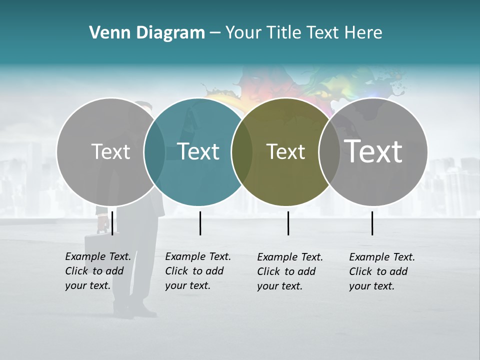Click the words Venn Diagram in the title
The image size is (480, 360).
pos(147,33)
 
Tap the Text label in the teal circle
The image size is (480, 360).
pos(198,151)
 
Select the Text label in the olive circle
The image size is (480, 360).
pos(285,151)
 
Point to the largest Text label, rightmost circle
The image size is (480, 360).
pos(373,151)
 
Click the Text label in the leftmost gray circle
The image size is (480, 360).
pos(110,151)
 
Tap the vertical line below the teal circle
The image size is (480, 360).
pos(200,223)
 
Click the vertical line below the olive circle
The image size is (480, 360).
pos(288,223)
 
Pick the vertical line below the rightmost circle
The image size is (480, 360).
pos(372,223)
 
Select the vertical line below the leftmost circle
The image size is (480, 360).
pos(112,223)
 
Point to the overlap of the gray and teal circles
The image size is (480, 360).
pos(154,151)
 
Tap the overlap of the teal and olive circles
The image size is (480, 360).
pos(242,151)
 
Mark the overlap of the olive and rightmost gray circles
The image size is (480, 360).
pos(329,151)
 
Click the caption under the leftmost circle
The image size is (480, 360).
pos(97,271)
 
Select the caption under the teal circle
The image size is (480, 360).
pos(197,271)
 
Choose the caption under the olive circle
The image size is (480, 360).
pos(289,271)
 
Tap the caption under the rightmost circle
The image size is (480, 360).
pos(381,271)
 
